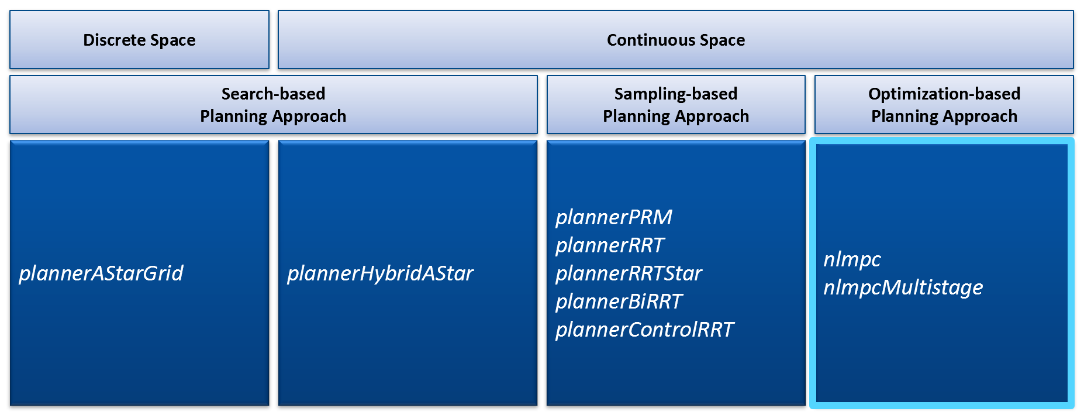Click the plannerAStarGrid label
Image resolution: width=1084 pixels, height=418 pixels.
point(101,273)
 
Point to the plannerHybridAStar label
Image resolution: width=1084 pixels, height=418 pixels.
point(380,273)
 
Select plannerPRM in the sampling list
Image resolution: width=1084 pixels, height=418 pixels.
point(613,217)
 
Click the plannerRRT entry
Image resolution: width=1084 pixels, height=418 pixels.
point(609,245)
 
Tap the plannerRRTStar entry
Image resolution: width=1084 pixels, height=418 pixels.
point(629,273)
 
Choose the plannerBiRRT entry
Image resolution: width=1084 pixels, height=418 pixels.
point(619,301)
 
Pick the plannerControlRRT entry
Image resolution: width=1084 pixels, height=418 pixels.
point(644,330)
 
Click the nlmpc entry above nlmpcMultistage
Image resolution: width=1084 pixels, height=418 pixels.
point(852,259)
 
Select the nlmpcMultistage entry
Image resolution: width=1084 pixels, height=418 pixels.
point(903,287)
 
